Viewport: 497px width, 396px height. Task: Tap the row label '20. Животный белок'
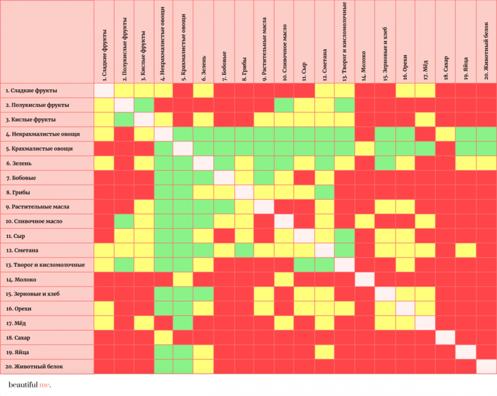34,367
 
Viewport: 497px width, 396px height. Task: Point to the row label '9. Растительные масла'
37,207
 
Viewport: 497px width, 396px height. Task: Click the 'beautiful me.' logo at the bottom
30,385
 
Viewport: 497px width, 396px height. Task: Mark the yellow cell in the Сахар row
164,337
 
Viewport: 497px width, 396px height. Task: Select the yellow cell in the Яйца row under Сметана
324,352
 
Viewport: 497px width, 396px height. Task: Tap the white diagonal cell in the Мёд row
425,323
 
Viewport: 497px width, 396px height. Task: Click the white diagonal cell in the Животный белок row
485,366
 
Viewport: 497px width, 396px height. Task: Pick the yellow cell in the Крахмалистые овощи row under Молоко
364,148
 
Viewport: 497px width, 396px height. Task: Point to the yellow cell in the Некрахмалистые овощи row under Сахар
445,133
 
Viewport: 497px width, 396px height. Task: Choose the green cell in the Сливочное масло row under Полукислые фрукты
124,220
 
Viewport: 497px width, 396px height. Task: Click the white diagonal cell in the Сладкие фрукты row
104,89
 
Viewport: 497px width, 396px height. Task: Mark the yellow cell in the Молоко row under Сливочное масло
284,279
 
